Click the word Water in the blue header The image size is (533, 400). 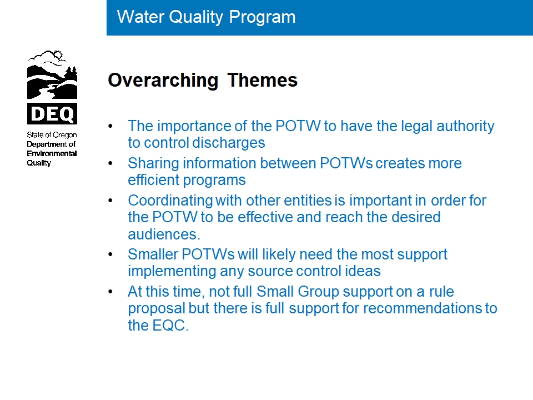pyautogui.click(x=140, y=17)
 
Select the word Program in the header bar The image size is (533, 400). pyautogui.click(x=262, y=18)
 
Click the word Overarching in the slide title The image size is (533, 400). pyautogui.click(x=163, y=81)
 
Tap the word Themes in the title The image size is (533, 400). pyautogui.click(x=263, y=80)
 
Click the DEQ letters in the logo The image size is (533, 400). pyautogui.click(x=52, y=113)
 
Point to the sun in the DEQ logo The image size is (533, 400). pyautogui.click(x=58, y=55)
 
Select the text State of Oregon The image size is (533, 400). pyautogui.click(x=52, y=135)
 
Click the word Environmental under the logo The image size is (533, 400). pyautogui.click(x=52, y=153)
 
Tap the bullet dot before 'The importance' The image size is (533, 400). pyautogui.click(x=110, y=126)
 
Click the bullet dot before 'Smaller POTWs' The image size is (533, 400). pyautogui.click(x=110, y=254)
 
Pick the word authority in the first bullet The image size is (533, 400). pyautogui.click(x=465, y=126)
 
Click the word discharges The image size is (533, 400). pyautogui.click(x=228, y=143)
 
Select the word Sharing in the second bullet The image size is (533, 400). pyautogui.click(x=153, y=163)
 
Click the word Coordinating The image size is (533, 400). pyautogui.click(x=170, y=201)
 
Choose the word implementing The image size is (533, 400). pyautogui.click(x=172, y=272)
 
